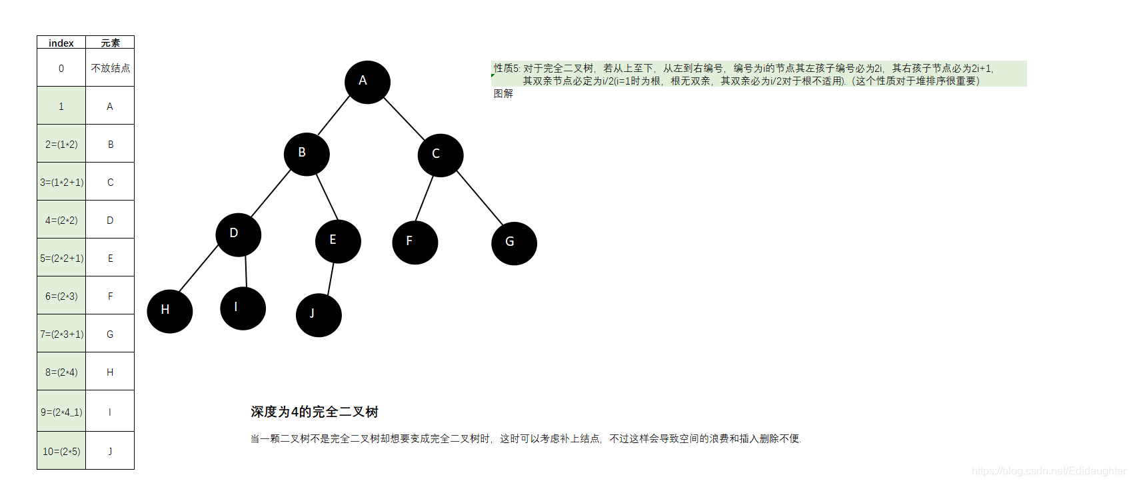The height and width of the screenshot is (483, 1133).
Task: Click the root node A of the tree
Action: [x=367, y=82]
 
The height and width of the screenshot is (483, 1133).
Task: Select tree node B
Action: [x=307, y=154]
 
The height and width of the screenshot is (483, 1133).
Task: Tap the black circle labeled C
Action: [x=441, y=155]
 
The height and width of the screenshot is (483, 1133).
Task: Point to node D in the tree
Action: [x=239, y=235]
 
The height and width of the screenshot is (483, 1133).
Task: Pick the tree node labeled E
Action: [x=338, y=241]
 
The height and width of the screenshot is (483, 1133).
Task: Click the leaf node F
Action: [x=415, y=242]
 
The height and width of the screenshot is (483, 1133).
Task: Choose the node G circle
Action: [x=514, y=243]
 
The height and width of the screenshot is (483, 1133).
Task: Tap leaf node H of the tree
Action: [x=170, y=311]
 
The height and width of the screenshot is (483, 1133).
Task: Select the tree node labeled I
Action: [x=243, y=308]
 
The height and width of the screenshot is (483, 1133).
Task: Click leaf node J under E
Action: [x=319, y=315]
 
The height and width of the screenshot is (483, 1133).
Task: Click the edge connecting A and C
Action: [x=404, y=119]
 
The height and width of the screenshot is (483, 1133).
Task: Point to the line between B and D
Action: [x=271, y=193]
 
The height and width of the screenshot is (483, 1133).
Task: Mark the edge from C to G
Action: [x=480, y=197]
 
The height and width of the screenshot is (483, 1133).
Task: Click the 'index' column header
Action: [x=61, y=43]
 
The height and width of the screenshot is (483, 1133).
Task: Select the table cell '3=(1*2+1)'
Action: [x=61, y=182]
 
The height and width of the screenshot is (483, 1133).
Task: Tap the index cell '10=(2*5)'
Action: [x=61, y=451]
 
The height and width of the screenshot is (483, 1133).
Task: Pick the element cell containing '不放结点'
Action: [x=110, y=68]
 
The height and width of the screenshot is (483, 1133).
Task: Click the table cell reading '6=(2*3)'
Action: [x=61, y=296]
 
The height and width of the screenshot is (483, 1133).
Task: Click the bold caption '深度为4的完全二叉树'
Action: [x=315, y=412]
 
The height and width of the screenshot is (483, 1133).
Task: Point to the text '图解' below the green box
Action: [x=503, y=94]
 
